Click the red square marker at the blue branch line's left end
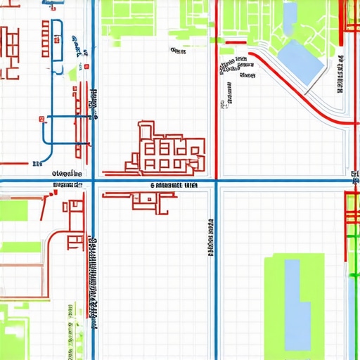click(x=42, y=118)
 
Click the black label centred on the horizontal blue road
click(x=174, y=186)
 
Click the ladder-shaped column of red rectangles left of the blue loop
click(x=45, y=39)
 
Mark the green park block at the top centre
click(x=127, y=14)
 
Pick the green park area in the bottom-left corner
click(x=14, y=337)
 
